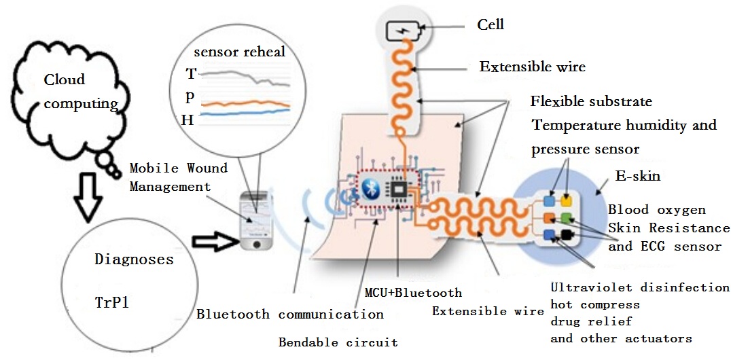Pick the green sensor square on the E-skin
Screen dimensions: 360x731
point(567,218)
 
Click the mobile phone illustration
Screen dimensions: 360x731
point(255,221)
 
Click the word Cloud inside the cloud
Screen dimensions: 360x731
point(65,79)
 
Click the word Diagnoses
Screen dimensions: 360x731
point(134,259)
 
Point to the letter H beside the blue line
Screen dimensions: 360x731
point(188,120)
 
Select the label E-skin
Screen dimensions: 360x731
point(637,177)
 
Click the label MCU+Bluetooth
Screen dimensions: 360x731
point(413,293)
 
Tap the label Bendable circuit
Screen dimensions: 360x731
point(338,342)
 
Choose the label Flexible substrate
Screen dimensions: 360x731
point(591,102)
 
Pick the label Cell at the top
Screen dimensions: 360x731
point(491,24)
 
